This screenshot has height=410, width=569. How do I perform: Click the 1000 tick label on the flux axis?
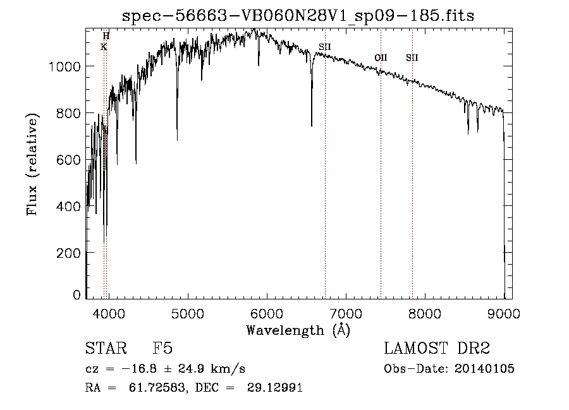(x=65, y=66)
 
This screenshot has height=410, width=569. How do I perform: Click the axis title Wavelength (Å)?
(x=298, y=330)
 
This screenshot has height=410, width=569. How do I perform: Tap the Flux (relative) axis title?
(x=32, y=164)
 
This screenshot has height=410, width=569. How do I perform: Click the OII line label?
(x=381, y=58)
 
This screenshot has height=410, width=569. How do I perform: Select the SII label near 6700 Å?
(x=325, y=47)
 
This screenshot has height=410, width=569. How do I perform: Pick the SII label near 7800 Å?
(x=412, y=58)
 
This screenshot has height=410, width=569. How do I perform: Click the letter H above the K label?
(x=106, y=36)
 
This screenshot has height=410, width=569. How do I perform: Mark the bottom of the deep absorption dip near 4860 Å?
(x=177, y=139)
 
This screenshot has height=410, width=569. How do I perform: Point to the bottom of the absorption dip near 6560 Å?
(x=312, y=125)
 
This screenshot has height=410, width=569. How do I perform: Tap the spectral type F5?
(x=162, y=349)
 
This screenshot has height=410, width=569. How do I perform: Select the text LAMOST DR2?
(x=437, y=349)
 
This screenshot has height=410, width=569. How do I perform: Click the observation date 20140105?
(x=484, y=369)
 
